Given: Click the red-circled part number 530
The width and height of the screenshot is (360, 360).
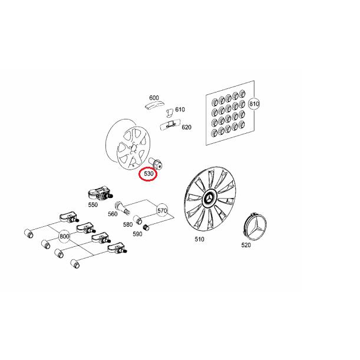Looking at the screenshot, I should pyautogui.click(x=148, y=174).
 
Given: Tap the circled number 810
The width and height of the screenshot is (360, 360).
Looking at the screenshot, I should pyautogui.click(x=254, y=104).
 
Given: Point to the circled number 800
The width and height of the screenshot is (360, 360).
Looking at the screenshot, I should pyautogui.click(x=65, y=236).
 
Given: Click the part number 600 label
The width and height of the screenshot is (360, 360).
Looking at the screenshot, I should pyautogui.click(x=154, y=98).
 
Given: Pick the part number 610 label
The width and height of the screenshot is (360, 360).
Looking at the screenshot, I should pyautogui.click(x=180, y=110).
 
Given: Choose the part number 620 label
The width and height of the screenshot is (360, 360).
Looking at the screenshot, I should pyautogui.click(x=186, y=127).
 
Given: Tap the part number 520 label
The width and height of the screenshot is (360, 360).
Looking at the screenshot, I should pyautogui.click(x=246, y=245).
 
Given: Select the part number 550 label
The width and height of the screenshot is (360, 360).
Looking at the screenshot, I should pyautogui.click(x=93, y=205).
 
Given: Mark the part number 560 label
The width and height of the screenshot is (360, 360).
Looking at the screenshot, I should pyautogui.click(x=113, y=214).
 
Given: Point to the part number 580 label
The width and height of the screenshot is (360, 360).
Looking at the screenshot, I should pyautogui.click(x=128, y=224).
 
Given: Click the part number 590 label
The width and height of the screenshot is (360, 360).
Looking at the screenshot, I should pyautogui.click(x=137, y=234).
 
